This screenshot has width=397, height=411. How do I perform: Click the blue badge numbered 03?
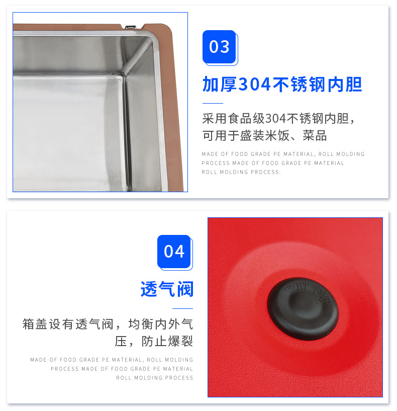219,47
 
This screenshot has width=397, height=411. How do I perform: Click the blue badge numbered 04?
174,251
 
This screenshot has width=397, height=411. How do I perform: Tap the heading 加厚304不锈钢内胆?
282,85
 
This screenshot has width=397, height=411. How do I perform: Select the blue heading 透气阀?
167,289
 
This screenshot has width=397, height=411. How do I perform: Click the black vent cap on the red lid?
303,309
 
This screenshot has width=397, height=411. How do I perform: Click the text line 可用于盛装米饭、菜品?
264,135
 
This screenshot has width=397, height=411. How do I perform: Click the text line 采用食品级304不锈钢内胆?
278,119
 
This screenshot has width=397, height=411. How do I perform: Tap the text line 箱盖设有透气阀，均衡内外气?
108,324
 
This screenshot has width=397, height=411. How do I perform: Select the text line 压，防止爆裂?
154,341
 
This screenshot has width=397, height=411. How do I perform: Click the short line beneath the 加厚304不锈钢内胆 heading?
212,103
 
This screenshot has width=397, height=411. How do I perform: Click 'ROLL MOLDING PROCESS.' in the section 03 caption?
241,172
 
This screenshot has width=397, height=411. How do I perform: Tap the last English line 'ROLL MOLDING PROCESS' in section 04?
155,378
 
